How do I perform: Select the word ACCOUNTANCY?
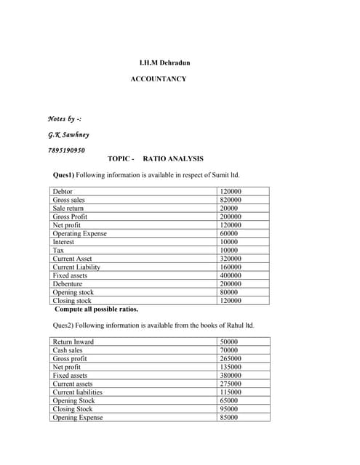[158, 78]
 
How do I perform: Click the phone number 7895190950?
[66, 150]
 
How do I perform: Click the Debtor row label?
[63, 191]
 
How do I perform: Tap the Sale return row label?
[68, 208]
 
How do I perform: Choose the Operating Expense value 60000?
[229, 233]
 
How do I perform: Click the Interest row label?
[63, 242]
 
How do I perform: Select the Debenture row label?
[68, 283]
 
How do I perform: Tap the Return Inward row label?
[73, 341]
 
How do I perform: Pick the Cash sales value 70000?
[229, 350]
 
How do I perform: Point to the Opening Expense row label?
[78, 417]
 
